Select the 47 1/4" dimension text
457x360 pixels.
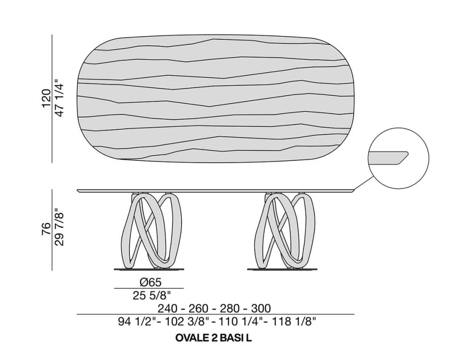pyautogui.click(x=59, y=98)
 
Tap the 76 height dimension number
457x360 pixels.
pyautogui.click(x=46, y=230)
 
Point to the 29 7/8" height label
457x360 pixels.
pyautogui.click(x=59, y=227)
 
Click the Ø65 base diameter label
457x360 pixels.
pyautogui.click(x=150, y=282)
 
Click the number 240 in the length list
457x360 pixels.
pyautogui.click(x=167, y=308)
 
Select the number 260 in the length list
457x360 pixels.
pyautogui.click(x=199, y=308)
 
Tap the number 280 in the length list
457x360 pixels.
pyautogui.click(x=230, y=308)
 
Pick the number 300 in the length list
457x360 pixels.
pyautogui.click(x=261, y=308)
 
